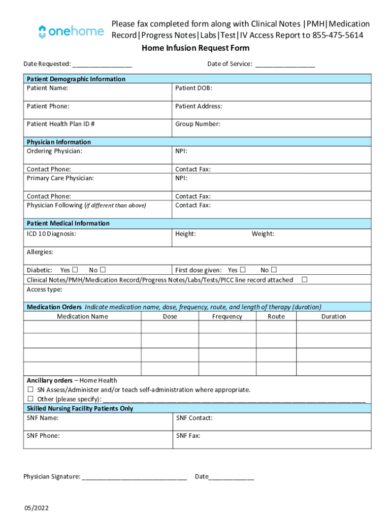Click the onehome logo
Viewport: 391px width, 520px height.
[x=71, y=31]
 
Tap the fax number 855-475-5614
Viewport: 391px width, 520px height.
[x=338, y=35]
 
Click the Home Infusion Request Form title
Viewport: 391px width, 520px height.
[x=195, y=48]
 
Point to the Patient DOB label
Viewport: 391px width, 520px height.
[x=193, y=88]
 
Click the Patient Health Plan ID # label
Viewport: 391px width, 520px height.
[x=60, y=124]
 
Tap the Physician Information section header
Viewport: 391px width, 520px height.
[x=59, y=142]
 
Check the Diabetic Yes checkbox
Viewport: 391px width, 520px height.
[x=75, y=270]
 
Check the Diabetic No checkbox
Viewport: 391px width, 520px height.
[x=103, y=270]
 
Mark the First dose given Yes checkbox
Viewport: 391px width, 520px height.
[x=243, y=270]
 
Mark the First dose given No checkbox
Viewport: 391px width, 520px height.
[x=274, y=270]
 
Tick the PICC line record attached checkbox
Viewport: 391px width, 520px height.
[x=305, y=279]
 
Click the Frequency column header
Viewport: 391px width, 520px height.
[x=227, y=316]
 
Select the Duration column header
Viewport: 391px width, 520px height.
[x=334, y=316]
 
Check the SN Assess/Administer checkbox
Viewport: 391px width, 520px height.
[x=30, y=389]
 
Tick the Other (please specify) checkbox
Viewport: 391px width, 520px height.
[x=30, y=399]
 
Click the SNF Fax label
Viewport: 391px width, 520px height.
[x=188, y=436]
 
